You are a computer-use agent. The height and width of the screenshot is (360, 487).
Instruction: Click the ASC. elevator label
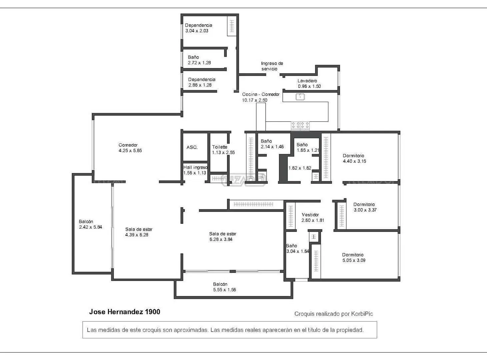pyautogui.click(x=192, y=147)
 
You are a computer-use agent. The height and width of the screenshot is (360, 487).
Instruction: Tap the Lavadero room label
pyautogui.click(x=307, y=81)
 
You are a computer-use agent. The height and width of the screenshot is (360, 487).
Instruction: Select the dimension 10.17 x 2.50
pyautogui.click(x=254, y=100)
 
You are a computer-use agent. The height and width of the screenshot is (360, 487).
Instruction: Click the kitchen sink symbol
pyautogui.click(x=300, y=97)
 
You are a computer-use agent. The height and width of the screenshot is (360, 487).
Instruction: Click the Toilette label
pyautogui.click(x=220, y=147)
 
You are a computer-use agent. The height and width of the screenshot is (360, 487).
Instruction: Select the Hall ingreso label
pyautogui.click(x=195, y=167)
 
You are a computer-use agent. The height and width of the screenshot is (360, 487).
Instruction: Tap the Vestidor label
pyautogui.click(x=310, y=215)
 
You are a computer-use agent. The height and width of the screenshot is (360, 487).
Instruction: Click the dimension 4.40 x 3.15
pyautogui.click(x=354, y=161)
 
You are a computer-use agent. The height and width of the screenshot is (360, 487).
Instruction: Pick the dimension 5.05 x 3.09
pyautogui.click(x=354, y=260)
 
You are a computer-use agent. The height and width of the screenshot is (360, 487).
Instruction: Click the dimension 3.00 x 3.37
pyautogui.click(x=365, y=210)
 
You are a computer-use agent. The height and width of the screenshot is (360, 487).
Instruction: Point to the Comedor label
pyautogui.click(x=128, y=145)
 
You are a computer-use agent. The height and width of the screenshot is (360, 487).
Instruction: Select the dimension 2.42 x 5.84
pyautogui.click(x=90, y=227)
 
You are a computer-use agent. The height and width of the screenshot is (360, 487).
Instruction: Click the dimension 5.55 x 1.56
pyautogui.click(x=224, y=290)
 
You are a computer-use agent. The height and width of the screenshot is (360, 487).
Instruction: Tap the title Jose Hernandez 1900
pyautogui.click(x=124, y=312)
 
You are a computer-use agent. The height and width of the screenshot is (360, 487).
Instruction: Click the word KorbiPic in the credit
pyautogui.click(x=362, y=314)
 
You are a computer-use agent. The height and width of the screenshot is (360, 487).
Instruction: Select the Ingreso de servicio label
pyautogui.click(x=272, y=66)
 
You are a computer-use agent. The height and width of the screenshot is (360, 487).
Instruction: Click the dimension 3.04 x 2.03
pyautogui.click(x=197, y=31)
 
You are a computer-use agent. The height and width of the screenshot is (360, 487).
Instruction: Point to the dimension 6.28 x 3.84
pyautogui.click(x=221, y=239)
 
